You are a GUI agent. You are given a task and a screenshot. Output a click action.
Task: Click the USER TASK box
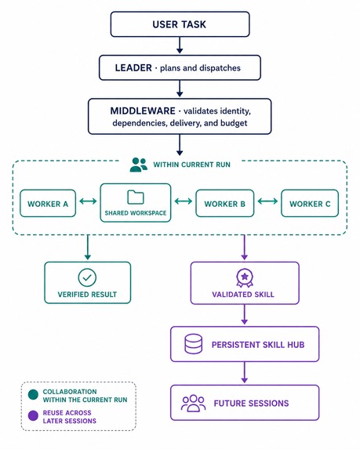tap(180, 24)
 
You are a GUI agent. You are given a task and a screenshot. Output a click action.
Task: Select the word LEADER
tap(133, 68)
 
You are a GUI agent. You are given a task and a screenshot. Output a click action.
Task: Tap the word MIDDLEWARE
tap(143, 110)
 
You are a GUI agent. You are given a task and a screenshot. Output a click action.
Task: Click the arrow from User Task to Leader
tap(180, 45)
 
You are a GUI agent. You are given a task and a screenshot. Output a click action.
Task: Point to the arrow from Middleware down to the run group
tap(180, 145)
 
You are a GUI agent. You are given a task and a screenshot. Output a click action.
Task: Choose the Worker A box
tap(48, 203)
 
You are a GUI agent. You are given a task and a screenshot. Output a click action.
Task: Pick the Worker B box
tap(225, 203)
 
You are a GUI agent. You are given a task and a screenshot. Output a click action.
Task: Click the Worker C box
tap(310, 203)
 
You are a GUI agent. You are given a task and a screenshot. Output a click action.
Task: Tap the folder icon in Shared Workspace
tap(135, 197)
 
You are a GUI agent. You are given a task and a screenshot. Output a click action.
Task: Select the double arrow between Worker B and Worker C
tap(267, 201)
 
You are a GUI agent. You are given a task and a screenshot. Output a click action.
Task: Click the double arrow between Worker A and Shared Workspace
tap(88, 201)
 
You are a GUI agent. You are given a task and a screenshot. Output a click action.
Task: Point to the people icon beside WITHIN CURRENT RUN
tap(139, 165)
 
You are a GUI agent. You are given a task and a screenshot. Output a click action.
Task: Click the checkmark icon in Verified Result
tap(87, 277)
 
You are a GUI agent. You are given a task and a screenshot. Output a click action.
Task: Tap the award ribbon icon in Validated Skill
tap(245, 277)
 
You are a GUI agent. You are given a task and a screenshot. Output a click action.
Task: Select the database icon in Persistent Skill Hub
tap(193, 344)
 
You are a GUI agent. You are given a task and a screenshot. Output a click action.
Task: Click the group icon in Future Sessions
tap(194, 404)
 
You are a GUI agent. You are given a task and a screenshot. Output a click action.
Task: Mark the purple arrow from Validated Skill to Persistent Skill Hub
tap(244, 314)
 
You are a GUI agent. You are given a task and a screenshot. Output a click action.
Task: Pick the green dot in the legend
tap(33, 395)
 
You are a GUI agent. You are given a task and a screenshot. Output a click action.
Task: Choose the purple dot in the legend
tap(33, 415)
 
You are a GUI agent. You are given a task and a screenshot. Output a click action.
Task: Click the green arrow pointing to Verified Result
tap(88, 248)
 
